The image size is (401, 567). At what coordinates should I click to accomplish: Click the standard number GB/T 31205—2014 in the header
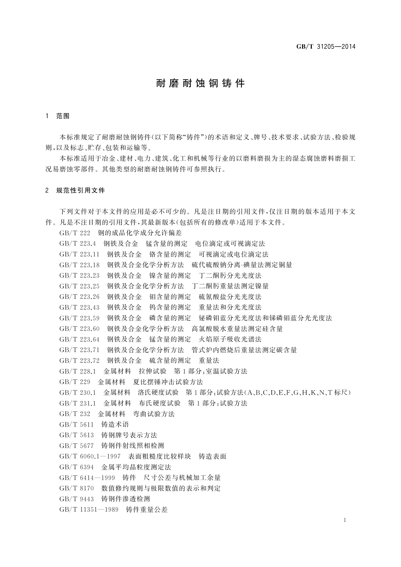pos(326,47)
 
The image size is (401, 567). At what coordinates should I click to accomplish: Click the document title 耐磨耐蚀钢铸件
pos(200,84)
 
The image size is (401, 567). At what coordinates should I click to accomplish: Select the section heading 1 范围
pos(58,116)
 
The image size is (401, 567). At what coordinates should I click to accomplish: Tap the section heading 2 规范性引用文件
pos(75,191)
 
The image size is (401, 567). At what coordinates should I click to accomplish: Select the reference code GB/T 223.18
pos(79,265)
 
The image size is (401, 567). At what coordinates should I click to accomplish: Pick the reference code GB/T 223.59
pos(79,318)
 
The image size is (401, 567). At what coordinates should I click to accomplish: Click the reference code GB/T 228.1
pos(78,371)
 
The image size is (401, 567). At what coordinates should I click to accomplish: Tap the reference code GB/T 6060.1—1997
pos(90,457)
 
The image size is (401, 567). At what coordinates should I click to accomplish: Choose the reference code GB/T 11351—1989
pos(89,510)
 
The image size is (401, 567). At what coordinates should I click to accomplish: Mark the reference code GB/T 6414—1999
pos(87,478)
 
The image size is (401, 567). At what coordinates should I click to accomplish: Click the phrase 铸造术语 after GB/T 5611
pos(115,425)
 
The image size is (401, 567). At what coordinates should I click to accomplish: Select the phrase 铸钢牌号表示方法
pos(129,435)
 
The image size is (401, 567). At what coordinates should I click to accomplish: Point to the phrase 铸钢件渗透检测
pos(126,499)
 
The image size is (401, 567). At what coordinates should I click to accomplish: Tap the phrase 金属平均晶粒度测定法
pos(136,467)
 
